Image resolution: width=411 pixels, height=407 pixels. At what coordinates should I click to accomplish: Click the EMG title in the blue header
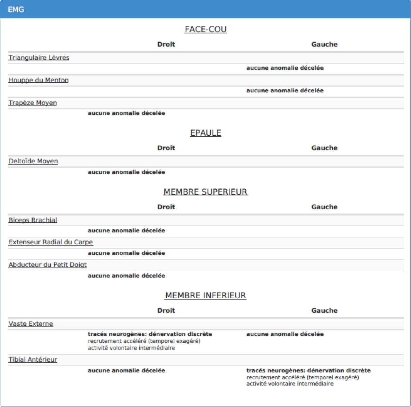tap(16, 9)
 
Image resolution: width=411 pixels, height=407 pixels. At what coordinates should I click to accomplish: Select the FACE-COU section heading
tap(205, 29)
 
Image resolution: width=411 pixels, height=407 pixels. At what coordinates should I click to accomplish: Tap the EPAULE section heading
tap(205, 133)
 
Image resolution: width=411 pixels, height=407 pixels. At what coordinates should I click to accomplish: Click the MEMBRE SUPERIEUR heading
tap(205, 192)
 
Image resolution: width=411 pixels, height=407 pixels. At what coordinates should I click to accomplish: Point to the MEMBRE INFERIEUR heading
tap(205, 295)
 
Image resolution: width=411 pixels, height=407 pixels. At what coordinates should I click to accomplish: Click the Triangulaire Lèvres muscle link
tap(39, 58)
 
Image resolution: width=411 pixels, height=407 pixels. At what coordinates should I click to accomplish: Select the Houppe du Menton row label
tap(39, 80)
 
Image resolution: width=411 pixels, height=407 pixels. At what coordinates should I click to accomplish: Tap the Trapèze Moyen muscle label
tap(33, 103)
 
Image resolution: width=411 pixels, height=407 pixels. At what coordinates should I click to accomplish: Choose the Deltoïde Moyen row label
tap(33, 161)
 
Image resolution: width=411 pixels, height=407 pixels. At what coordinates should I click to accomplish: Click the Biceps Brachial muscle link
tap(33, 220)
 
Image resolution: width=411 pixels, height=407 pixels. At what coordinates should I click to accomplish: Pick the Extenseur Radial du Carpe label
tap(51, 242)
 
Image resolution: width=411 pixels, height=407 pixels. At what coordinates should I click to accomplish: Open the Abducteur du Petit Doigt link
tap(48, 265)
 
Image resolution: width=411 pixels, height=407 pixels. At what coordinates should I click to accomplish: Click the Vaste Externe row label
tap(31, 323)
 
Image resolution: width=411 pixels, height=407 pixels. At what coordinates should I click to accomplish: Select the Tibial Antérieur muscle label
tap(33, 359)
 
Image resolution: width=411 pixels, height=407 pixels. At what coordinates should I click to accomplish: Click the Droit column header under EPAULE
tap(166, 148)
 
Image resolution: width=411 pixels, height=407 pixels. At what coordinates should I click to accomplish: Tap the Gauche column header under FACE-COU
tap(324, 44)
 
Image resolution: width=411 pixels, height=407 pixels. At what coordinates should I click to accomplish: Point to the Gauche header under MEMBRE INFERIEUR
tap(324, 311)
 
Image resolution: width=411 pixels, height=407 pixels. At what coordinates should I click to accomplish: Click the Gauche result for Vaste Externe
tap(285, 334)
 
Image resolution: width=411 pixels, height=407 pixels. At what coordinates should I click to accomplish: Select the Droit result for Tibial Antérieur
tap(127, 370)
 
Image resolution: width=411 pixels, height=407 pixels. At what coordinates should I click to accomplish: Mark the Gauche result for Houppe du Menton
tap(285, 91)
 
